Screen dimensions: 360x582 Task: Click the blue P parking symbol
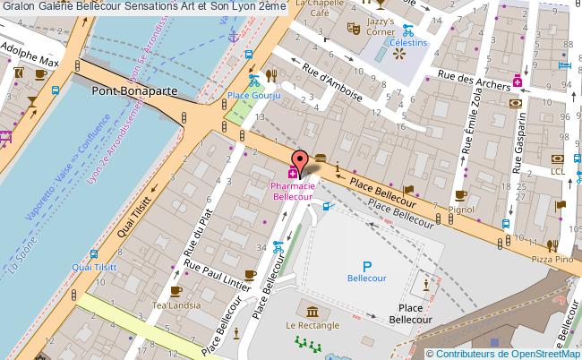coord(366,266)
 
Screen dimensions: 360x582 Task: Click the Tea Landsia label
coord(175,305)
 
